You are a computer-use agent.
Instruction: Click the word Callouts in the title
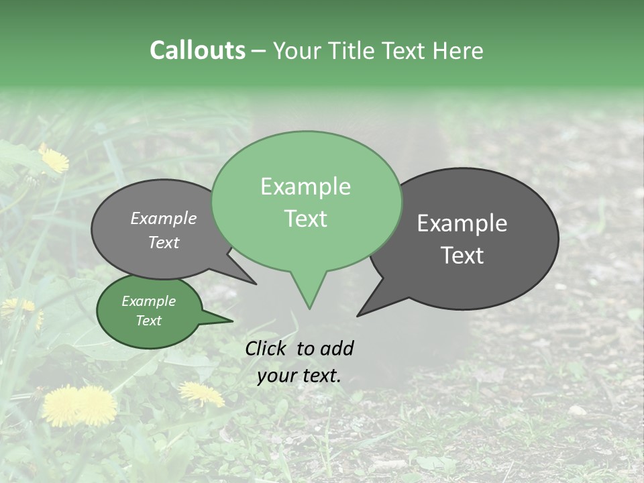tap(197, 50)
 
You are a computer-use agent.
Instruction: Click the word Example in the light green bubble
tap(305, 186)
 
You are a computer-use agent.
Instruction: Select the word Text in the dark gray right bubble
tap(463, 256)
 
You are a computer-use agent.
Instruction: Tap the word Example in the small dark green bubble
tap(148, 301)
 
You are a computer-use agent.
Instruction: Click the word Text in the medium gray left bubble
tap(164, 243)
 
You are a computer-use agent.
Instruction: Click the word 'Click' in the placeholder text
tap(267, 348)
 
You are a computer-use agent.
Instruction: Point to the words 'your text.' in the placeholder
tap(299, 376)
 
